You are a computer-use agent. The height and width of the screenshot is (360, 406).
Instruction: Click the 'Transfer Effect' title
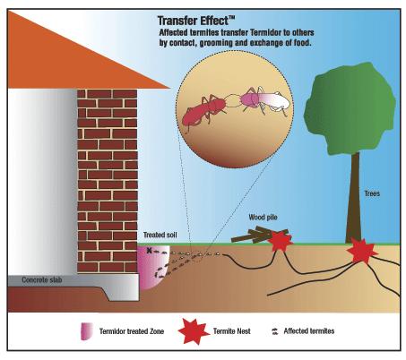196,21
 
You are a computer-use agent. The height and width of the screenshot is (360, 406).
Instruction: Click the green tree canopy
350,108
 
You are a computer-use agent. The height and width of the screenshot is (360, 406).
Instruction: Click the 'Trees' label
372,193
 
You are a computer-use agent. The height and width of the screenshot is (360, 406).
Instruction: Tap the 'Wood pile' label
263,218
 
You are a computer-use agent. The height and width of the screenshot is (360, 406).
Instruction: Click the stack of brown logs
259,235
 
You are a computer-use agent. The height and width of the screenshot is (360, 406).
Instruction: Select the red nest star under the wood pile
281,241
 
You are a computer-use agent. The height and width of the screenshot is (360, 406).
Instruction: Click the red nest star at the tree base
362,252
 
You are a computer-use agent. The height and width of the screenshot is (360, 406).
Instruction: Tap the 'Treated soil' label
160,235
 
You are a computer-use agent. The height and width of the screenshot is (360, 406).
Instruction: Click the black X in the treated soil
149,251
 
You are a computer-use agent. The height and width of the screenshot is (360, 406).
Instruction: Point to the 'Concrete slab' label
42,280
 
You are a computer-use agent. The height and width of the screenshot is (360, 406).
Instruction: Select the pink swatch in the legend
86,331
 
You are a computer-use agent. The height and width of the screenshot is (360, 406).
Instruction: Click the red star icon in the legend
194,331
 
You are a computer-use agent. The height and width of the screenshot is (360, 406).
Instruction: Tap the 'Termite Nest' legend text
232,331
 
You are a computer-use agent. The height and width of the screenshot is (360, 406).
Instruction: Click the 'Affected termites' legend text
309,331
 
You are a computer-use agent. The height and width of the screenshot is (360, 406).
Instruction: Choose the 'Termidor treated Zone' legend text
132,331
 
